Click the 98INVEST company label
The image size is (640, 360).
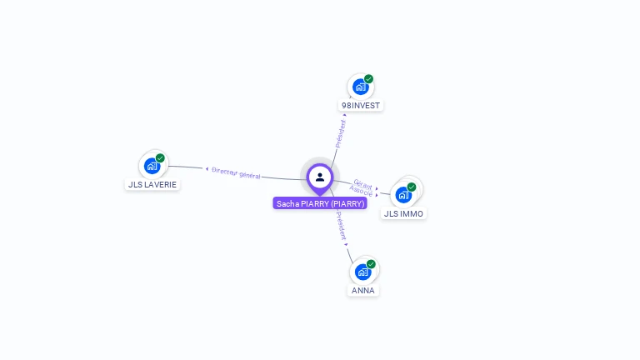click(361, 105)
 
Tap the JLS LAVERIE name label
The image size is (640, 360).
click(152, 184)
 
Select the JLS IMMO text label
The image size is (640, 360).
click(403, 214)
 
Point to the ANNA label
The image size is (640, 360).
click(362, 291)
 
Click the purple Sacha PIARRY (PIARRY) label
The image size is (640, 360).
click(320, 203)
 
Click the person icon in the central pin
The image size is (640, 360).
click(320, 177)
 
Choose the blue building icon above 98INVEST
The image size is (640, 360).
click(360, 87)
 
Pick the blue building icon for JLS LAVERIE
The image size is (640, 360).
click(152, 167)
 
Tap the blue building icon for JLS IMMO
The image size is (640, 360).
click(403, 196)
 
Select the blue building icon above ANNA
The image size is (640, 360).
click(362, 272)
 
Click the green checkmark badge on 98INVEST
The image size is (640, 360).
click(368, 79)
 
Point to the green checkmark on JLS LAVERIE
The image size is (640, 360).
click(160, 158)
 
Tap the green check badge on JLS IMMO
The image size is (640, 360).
click(412, 187)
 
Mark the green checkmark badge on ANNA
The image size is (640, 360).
click(371, 264)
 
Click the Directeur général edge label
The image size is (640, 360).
click(236, 173)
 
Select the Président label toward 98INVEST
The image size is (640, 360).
click(340, 133)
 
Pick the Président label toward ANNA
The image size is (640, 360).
click(341, 226)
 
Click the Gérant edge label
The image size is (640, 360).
click(362, 184)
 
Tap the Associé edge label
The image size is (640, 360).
click(361, 191)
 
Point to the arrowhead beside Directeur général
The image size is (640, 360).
click(207, 168)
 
